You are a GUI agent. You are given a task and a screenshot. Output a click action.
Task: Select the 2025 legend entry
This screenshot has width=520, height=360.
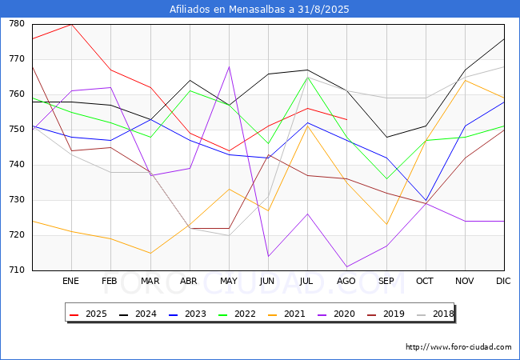point(88,314)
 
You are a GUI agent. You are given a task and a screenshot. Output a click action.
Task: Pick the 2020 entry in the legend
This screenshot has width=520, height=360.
point(336,314)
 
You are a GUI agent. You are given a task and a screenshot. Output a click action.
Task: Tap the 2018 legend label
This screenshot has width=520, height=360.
point(435,314)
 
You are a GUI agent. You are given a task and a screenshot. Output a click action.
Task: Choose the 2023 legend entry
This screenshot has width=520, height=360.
point(187,314)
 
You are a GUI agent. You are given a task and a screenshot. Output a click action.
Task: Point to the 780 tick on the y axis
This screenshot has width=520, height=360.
point(17,23)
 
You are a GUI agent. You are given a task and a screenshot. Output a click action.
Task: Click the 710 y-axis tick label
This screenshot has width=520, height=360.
point(17,270)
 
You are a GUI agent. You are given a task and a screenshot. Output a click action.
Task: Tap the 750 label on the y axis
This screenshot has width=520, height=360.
point(17,130)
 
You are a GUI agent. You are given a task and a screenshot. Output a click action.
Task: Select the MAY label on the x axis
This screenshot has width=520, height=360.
point(229,281)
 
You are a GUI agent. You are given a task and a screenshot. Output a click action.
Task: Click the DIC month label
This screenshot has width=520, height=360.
point(503,281)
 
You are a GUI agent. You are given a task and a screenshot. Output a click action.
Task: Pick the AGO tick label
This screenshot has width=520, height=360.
point(346,281)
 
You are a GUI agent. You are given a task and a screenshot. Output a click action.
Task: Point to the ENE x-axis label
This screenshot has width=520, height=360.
point(70,281)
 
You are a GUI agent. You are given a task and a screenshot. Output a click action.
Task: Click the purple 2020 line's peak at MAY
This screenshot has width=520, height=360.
point(229,66)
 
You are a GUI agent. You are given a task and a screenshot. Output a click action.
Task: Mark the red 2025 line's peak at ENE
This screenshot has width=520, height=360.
point(72,25)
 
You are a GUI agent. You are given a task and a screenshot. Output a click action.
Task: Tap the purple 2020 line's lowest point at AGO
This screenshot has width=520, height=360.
point(347,267)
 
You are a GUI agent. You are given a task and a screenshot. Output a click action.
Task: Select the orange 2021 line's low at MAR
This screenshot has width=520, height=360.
point(150,253)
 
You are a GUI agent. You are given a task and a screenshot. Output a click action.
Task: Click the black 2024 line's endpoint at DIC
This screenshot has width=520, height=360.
point(504,38)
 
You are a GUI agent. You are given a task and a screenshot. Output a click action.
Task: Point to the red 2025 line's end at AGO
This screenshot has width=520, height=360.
point(347,119)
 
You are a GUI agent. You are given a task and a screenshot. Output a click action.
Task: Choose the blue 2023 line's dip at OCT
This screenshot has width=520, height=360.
point(426,200)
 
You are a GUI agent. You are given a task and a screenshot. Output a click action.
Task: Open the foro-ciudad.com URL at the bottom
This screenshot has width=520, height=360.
point(458,347)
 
